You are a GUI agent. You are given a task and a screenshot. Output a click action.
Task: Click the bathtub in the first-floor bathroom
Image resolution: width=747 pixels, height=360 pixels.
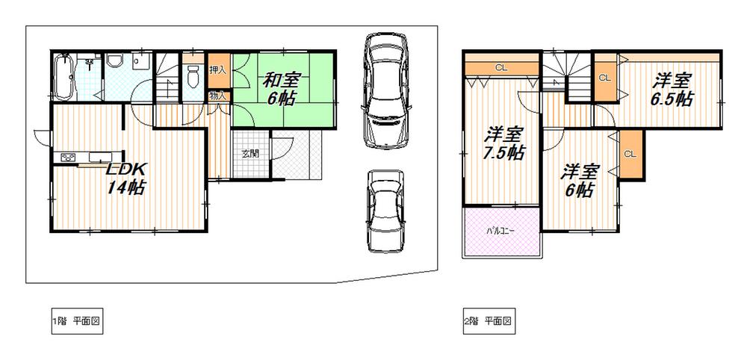pos(64,78)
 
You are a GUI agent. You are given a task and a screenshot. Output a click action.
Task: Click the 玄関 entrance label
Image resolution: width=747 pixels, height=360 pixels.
pos(249,154)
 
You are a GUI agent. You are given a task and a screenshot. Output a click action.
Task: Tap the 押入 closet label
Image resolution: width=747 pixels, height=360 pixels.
pos(217,70)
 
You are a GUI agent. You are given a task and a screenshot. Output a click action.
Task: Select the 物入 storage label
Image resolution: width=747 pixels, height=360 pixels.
pos(217,95)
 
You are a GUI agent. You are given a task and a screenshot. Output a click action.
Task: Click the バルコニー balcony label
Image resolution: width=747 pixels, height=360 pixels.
pos(501,230)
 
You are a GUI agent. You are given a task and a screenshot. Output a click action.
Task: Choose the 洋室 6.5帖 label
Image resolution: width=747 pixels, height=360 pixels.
pos(673,90)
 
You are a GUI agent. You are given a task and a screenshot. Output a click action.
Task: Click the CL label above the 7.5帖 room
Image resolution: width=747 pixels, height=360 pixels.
pos(501,67)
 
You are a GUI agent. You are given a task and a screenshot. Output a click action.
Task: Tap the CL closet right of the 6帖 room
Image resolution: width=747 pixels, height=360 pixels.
pos(629,154)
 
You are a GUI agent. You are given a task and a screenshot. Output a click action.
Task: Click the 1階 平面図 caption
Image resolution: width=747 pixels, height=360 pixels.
pos(76,322)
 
